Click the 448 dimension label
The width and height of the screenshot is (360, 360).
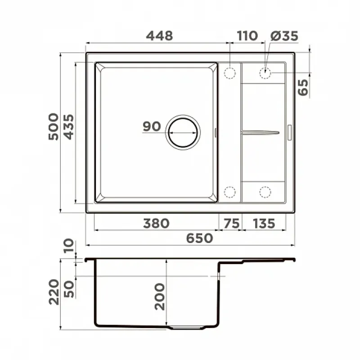(159, 36)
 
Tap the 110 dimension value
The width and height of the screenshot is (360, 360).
(247, 36)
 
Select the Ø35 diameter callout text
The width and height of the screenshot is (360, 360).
(284, 36)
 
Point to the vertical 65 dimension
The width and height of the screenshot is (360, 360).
(303, 87)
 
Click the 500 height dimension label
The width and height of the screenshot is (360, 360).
(54, 126)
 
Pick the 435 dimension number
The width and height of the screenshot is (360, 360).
(68, 127)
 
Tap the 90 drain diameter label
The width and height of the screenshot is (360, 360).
(152, 126)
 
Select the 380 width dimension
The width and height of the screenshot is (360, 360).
(156, 223)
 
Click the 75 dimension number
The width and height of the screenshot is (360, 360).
(231, 223)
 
